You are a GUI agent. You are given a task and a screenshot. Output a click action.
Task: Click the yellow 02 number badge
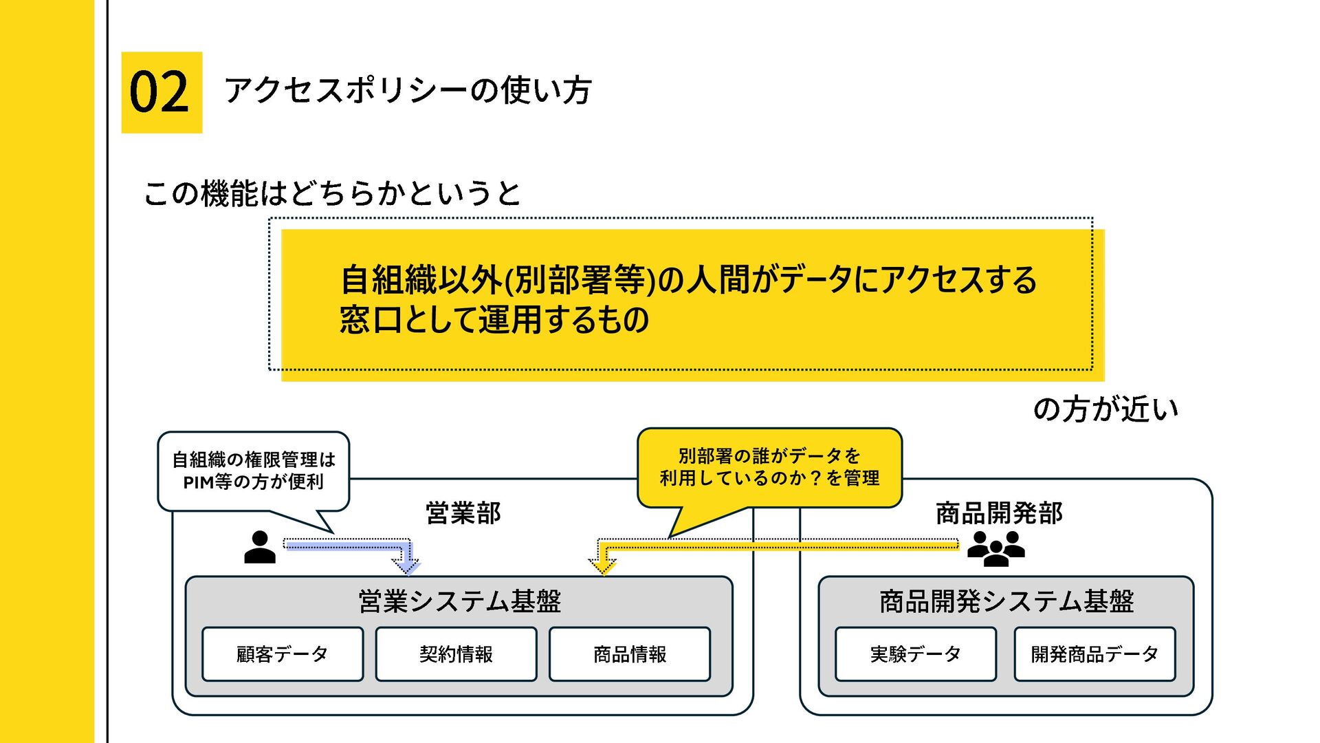click(162, 92)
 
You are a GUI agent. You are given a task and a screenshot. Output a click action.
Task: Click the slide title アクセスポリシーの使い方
click(408, 90)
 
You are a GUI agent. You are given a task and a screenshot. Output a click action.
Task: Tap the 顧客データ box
click(282, 654)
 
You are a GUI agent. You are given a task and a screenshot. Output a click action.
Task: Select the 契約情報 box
click(456, 654)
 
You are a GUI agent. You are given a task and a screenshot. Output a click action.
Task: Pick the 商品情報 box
click(630, 654)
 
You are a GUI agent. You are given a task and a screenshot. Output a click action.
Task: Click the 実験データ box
click(915, 654)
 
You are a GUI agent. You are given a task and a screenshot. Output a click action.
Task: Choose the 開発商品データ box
click(1094, 654)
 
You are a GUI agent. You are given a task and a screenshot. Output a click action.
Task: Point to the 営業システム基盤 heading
click(459, 601)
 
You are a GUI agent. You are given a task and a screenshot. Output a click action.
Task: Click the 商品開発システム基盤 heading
click(1006, 601)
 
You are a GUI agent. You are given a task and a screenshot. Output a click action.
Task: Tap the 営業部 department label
click(463, 513)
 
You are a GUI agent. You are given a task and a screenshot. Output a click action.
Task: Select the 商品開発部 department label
click(999, 513)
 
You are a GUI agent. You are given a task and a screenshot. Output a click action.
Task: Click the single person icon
click(260, 548)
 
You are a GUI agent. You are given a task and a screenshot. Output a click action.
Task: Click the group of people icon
click(995, 548)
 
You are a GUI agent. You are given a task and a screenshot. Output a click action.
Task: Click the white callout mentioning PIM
click(254, 471)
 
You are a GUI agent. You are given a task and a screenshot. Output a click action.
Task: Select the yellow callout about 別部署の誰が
click(769, 467)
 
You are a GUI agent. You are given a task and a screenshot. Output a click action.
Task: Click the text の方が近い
click(1105, 409)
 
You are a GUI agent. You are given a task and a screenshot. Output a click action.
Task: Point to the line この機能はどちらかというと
click(332, 193)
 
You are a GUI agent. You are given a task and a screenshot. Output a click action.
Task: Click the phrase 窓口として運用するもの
click(494, 320)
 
